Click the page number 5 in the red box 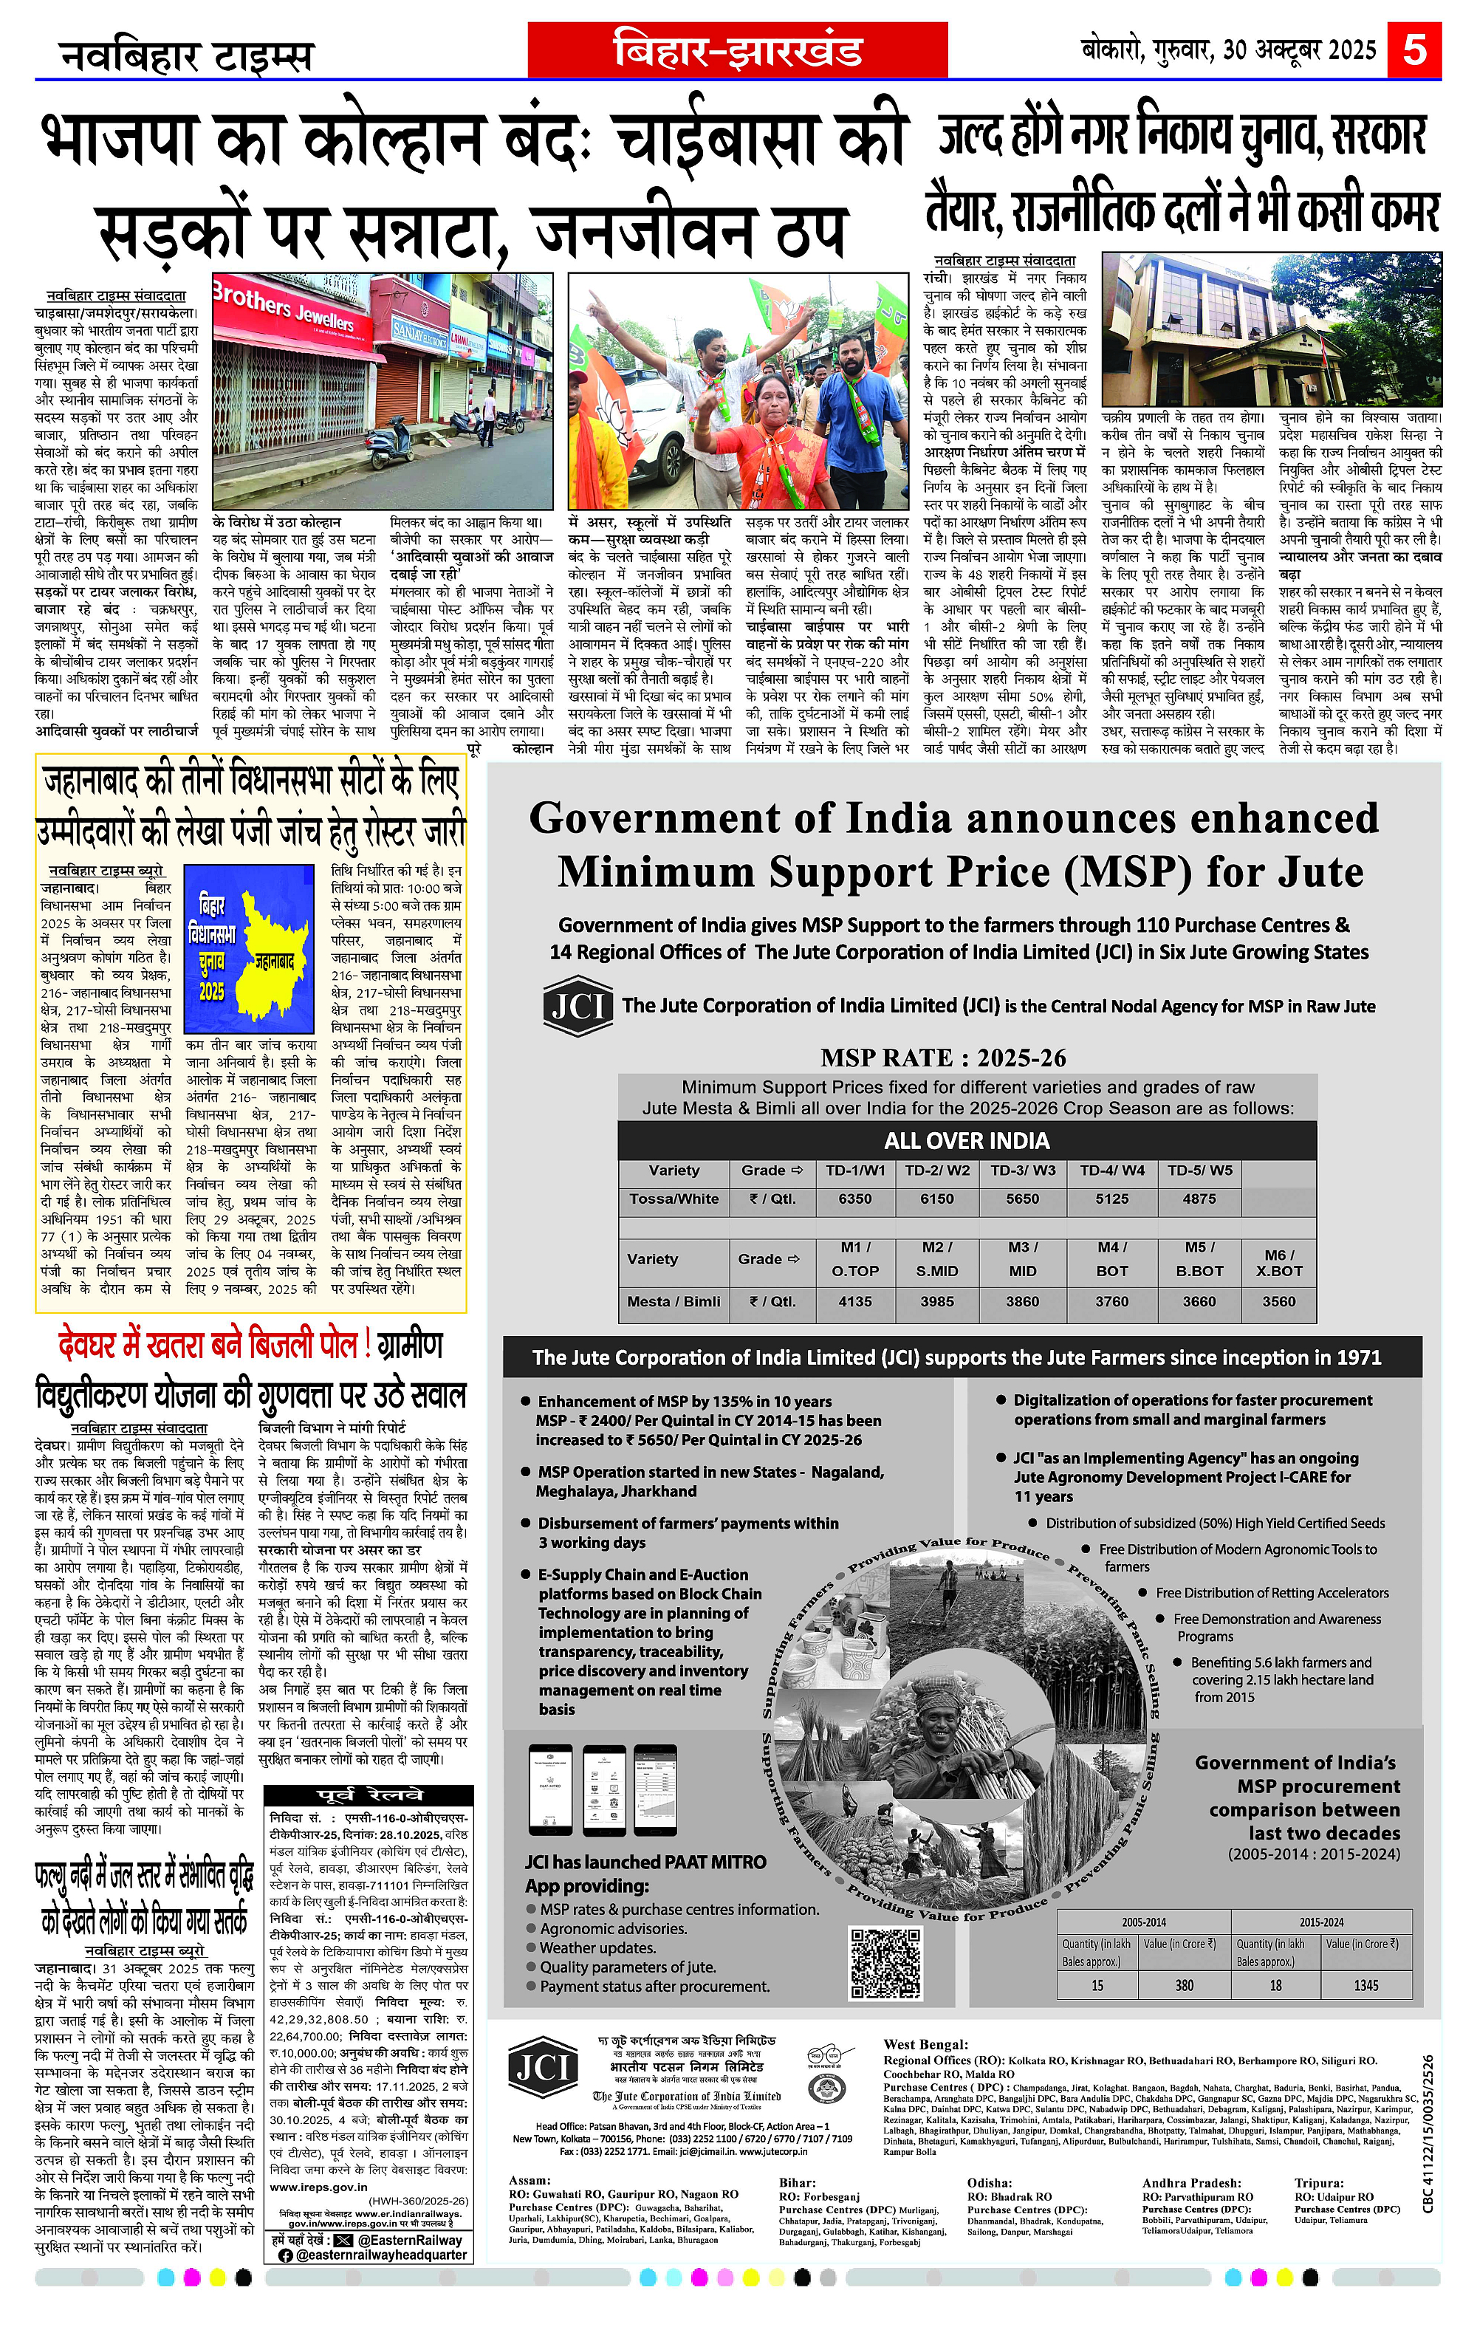click(1414, 48)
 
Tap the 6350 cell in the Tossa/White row click(854, 1199)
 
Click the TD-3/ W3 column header click(1022, 1171)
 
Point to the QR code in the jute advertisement click(885, 1963)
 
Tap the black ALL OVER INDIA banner click(967, 1140)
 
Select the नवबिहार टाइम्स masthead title click(187, 56)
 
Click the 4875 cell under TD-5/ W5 click(1199, 1199)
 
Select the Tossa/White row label click(674, 1199)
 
